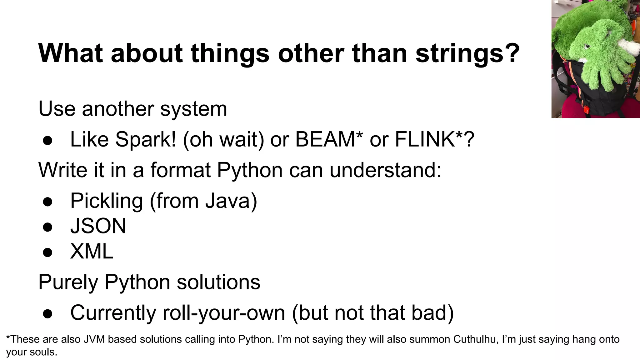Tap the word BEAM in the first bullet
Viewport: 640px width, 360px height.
[x=324, y=139]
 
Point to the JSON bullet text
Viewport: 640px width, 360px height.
[x=98, y=226]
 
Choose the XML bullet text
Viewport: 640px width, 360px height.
[x=92, y=251]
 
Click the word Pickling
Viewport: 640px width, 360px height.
[x=106, y=201]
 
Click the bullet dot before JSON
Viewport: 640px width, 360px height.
[x=47, y=227]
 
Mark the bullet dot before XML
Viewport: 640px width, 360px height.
[x=47, y=252]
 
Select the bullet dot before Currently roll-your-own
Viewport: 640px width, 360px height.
[x=47, y=313]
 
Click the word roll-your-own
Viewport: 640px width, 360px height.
[x=224, y=312]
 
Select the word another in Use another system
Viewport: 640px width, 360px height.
[x=118, y=109]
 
